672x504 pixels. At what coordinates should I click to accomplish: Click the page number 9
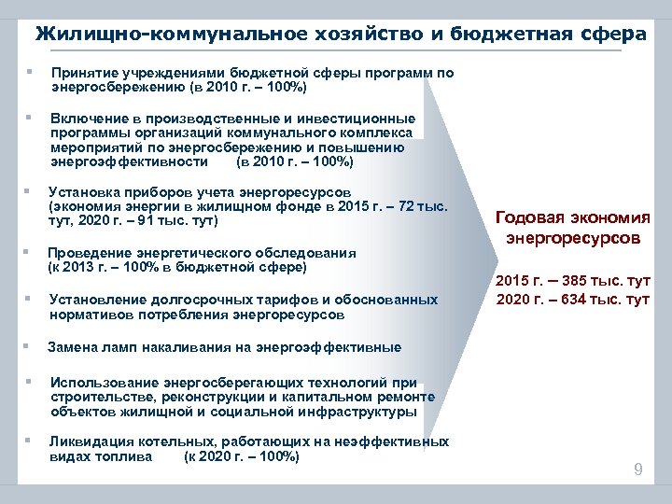[x=637, y=469]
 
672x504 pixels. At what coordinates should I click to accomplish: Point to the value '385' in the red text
[x=562, y=280]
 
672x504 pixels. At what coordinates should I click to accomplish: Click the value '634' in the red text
[x=562, y=299]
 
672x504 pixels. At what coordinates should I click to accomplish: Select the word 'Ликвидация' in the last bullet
[x=87, y=441]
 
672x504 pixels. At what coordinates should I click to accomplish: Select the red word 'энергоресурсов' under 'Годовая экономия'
[x=573, y=238]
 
